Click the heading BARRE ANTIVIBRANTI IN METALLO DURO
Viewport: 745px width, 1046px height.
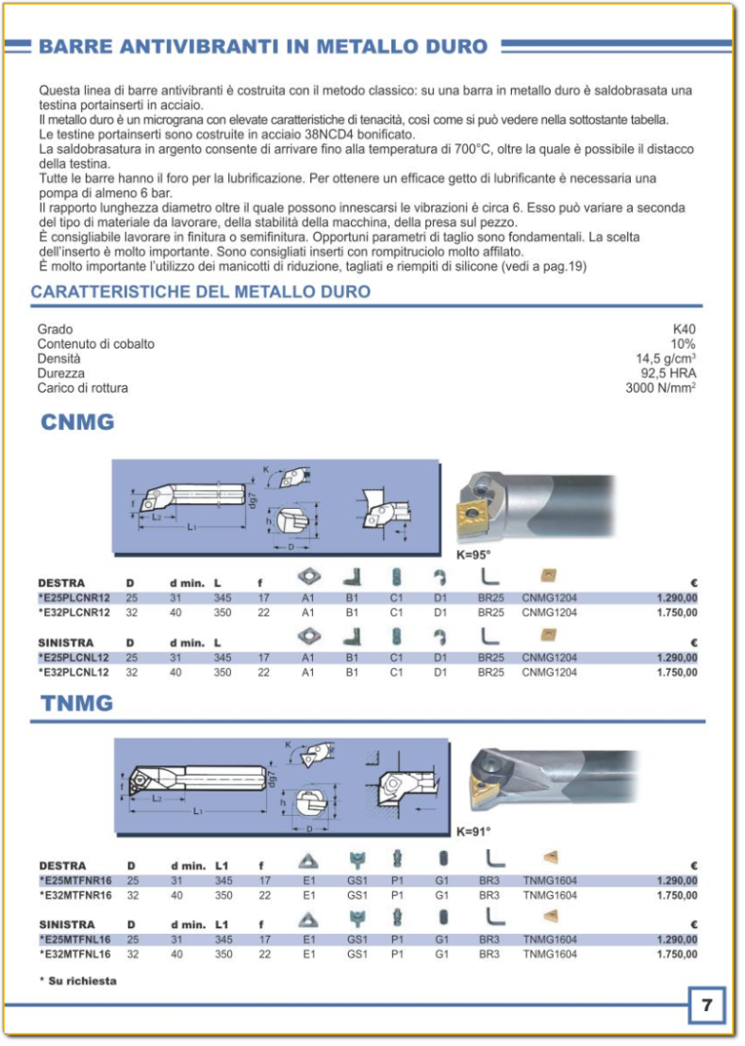coord(263,45)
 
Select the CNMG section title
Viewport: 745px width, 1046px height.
coord(77,423)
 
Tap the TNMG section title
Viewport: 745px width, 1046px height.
coord(76,703)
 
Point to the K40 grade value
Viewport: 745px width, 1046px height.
coord(684,330)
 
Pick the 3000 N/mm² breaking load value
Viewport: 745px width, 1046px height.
coord(661,388)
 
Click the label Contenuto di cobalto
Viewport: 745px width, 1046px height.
coord(95,344)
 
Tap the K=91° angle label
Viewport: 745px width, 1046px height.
coord(474,832)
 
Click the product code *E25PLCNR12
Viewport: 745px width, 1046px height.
coord(74,597)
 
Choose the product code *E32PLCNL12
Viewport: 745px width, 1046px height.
coord(74,673)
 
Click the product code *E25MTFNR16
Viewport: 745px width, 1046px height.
coord(75,881)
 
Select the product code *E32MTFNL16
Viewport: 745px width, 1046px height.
coord(75,954)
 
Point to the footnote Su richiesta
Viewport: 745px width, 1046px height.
coord(78,981)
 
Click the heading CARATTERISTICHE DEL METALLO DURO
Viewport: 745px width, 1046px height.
coord(200,292)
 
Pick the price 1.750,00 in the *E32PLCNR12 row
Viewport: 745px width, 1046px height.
coord(677,613)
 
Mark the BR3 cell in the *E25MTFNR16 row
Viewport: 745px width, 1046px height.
coord(488,881)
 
